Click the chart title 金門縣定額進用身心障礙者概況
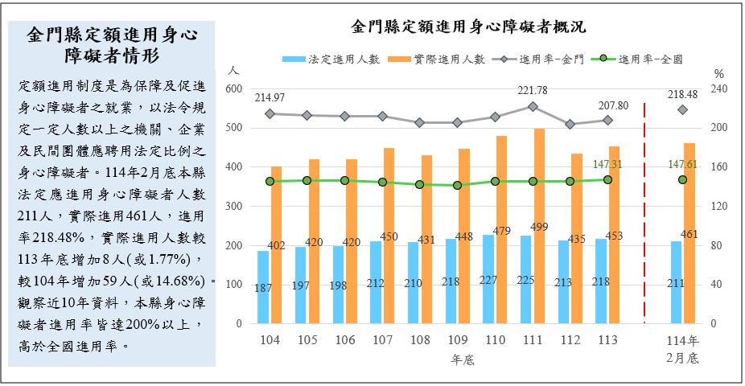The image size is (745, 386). (x=468, y=26)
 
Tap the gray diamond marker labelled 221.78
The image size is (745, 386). (x=533, y=106)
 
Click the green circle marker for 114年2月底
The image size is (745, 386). (x=682, y=179)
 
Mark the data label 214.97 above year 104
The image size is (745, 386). (x=270, y=97)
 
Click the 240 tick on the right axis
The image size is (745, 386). (x=718, y=89)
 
